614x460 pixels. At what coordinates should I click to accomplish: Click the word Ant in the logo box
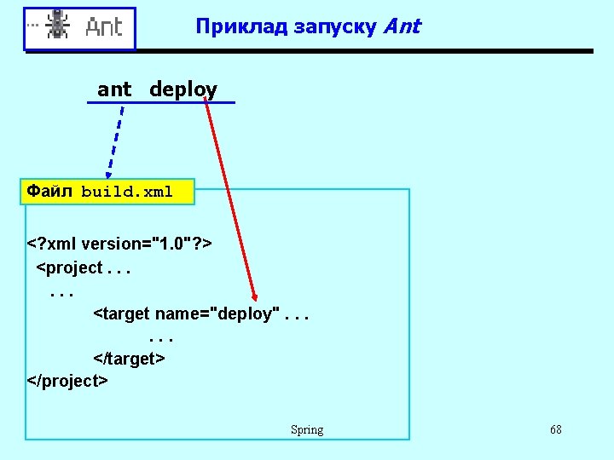tap(104, 27)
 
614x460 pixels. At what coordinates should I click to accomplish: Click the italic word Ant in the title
tap(403, 26)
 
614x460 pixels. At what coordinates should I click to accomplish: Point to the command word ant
tap(114, 89)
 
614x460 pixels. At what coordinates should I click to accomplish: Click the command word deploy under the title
tap(183, 89)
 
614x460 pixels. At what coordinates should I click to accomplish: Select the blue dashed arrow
tap(115, 141)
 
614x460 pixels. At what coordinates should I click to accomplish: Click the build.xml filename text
tap(127, 193)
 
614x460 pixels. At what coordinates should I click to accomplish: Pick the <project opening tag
tap(69, 267)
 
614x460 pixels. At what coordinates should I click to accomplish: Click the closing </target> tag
tap(129, 359)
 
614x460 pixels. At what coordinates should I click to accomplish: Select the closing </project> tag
tap(67, 381)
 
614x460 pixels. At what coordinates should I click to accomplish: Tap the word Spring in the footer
tap(307, 430)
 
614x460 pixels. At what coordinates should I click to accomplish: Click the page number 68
tap(556, 429)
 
